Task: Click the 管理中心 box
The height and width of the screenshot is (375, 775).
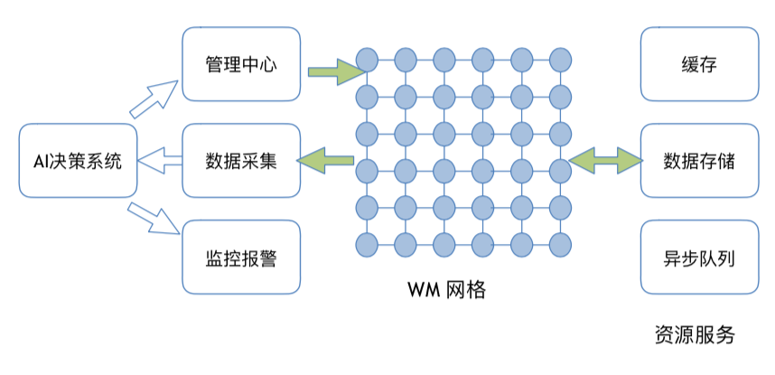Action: click(240, 64)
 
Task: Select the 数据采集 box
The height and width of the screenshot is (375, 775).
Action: click(240, 162)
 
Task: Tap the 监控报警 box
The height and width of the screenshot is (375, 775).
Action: click(240, 258)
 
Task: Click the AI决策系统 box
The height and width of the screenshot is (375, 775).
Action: click(78, 162)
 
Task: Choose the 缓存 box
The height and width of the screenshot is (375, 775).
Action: click(700, 64)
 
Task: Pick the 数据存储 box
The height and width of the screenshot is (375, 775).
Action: click(700, 162)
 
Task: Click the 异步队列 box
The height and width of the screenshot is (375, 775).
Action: click(700, 258)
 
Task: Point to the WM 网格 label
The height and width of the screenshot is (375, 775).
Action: click(446, 290)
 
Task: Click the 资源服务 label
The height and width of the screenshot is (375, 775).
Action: click(695, 335)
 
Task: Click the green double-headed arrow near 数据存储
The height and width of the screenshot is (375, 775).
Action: click(606, 161)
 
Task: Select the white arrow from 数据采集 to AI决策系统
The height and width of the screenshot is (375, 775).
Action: click(159, 163)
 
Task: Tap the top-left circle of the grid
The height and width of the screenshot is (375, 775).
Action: click(366, 61)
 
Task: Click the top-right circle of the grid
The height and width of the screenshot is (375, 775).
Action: click(561, 61)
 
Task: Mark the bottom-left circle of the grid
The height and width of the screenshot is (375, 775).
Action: click(366, 244)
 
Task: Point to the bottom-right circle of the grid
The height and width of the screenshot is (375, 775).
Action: click(561, 244)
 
